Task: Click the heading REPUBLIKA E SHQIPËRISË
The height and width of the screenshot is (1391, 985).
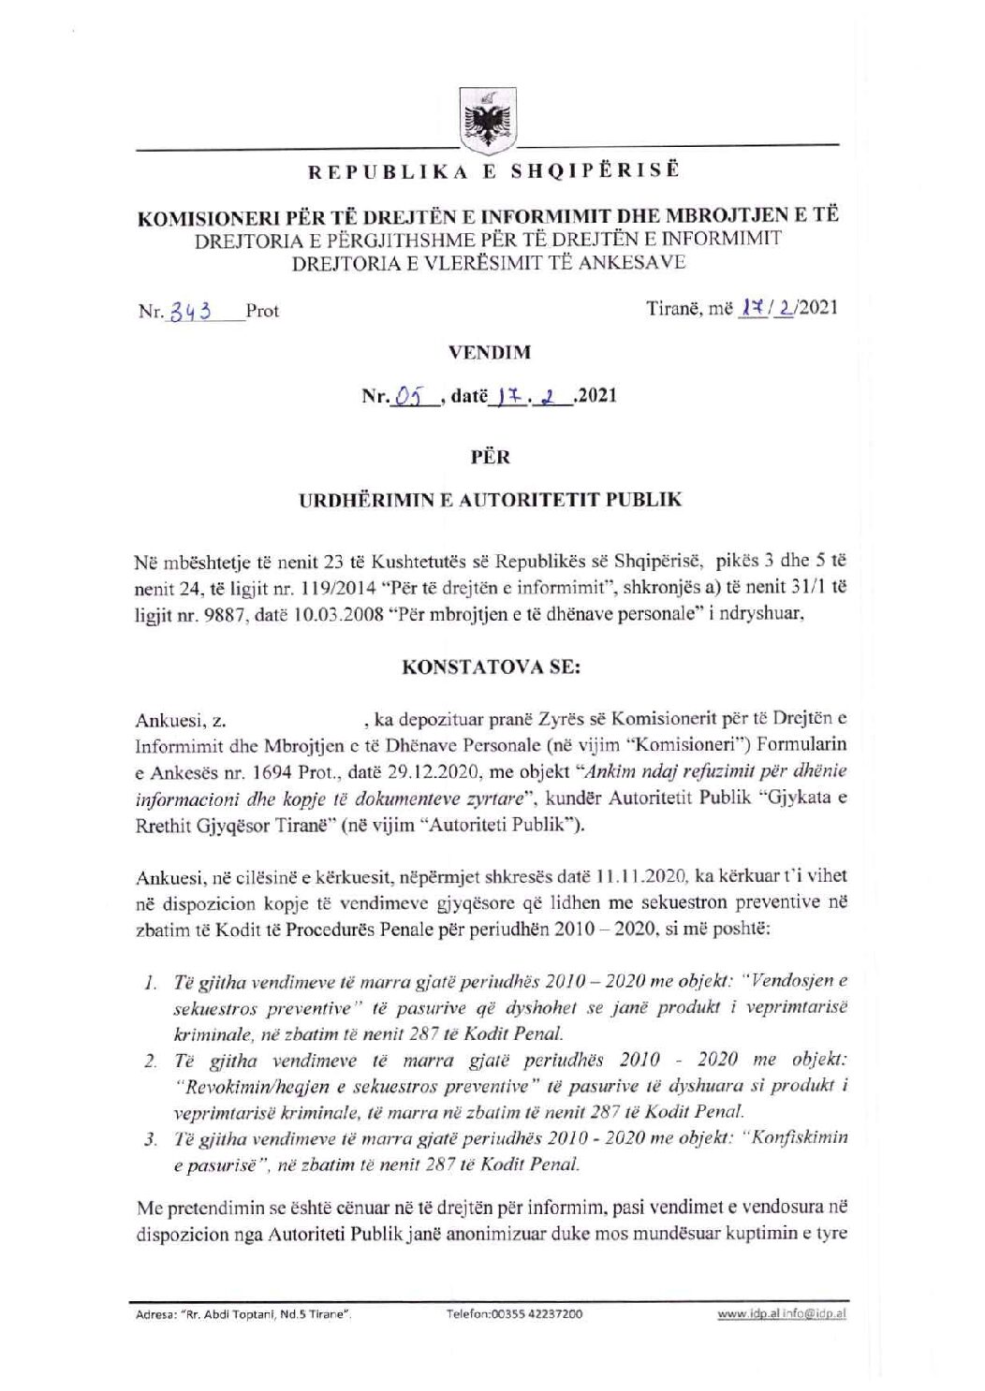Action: click(486, 173)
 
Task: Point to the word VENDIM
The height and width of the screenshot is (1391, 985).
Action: click(490, 353)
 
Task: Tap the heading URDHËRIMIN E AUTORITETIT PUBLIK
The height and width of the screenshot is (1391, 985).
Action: click(490, 499)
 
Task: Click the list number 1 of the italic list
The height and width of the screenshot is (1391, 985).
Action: click(149, 982)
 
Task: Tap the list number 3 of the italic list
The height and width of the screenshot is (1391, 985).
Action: click(149, 1139)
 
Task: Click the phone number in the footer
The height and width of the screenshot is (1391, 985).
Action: click(517, 1314)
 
